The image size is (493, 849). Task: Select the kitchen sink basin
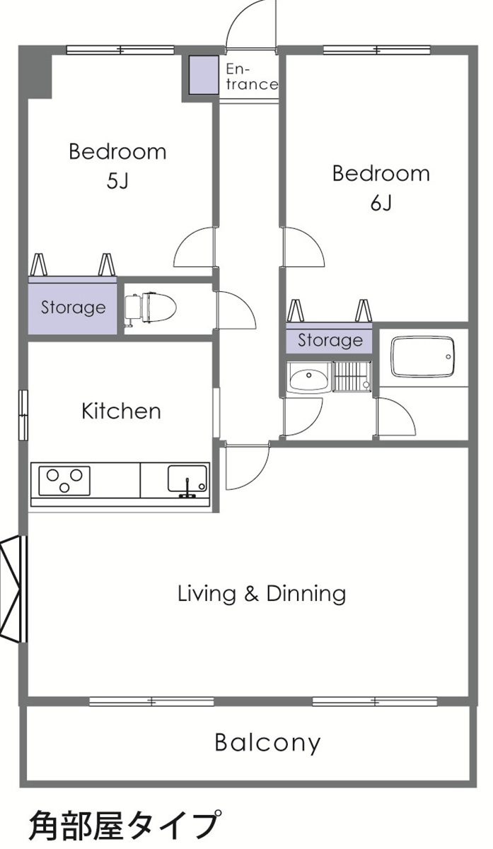187,479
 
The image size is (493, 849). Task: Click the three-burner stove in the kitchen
64,481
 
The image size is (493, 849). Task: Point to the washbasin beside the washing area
308,379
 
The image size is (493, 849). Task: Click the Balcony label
267,743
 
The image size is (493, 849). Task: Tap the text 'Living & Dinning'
262,593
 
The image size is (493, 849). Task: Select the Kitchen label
121,411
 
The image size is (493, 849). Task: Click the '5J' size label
117,181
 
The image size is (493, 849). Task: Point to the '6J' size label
381,203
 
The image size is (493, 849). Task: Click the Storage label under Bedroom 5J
73,308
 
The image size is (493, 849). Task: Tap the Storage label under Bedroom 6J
330,341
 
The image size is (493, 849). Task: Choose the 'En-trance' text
251,77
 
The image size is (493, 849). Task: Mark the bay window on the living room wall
13,590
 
